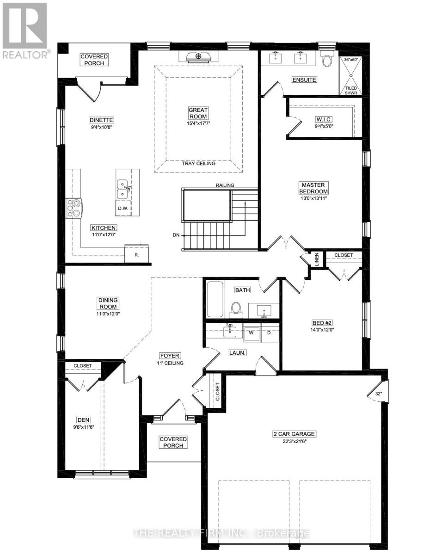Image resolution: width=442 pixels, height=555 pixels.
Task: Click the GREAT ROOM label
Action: pos(198,113)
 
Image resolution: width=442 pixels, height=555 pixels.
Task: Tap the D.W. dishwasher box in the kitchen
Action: pos(123,208)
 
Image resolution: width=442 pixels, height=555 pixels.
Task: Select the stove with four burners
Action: pos(74,207)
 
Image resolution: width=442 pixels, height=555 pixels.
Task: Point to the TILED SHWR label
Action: pos(351,89)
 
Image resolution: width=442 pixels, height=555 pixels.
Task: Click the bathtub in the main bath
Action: pos(215,299)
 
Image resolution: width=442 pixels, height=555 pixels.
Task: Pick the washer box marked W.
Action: pos(252,332)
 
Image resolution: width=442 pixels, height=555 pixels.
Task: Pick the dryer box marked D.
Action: pos(270,332)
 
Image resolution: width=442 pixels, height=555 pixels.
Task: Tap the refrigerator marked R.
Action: pos(137,254)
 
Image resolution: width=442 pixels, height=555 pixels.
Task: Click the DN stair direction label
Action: pos(176,235)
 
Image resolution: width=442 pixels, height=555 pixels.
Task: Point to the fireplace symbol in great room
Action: pos(198,56)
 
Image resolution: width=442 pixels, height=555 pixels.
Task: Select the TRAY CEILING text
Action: pos(198,163)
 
